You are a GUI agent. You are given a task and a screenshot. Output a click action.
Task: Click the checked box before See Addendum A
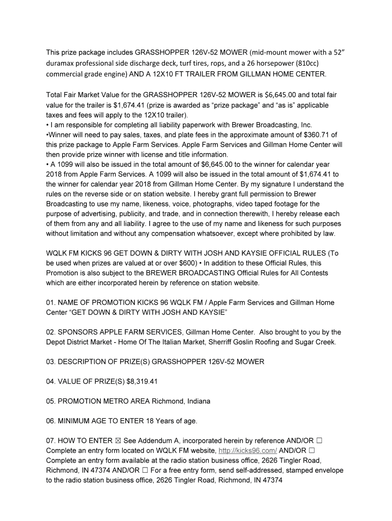click(x=117, y=441)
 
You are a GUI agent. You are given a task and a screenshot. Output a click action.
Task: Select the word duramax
click(x=62, y=64)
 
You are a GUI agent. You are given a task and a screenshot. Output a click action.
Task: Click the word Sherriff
click(x=223, y=342)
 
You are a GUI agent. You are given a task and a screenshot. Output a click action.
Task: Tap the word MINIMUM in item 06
click(x=75, y=421)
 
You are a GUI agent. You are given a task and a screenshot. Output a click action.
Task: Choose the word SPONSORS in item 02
click(x=79, y=332)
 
